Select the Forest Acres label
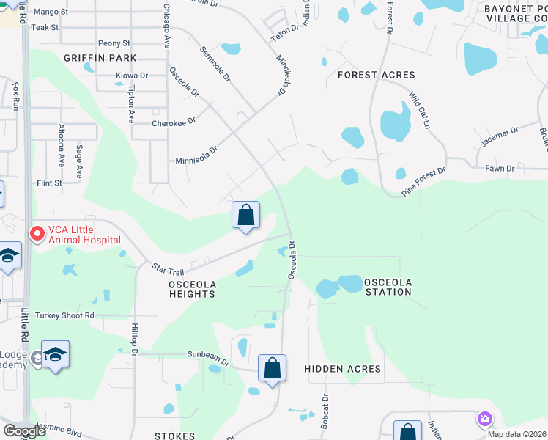pyautogui.click(x=376, y=75)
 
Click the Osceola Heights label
pyautogui.click(x=182, y=288)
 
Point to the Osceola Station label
pyautogui.click(x=388, y=287)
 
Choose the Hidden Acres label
pyautogui.click(x=342, y=369)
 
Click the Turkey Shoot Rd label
pyautogui.click(x=69, y=315)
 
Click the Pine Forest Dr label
pyautogui.click(x=423, y=181)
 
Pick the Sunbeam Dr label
pyautogui.click(x=209, y=358)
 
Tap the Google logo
pyautogui.click(x=24, y=431)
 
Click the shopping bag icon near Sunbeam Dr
pyautogui.click(x=272, y=368)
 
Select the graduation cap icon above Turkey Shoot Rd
pyautogui.click(x=10, y=256)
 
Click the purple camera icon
pyautogui.click(x=484, y=420)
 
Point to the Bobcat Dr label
pyautogui.click(x=324, y=411)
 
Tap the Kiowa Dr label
pyautogui.click(x=132, y=76)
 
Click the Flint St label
pyautogui.click(x=48, y=183)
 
